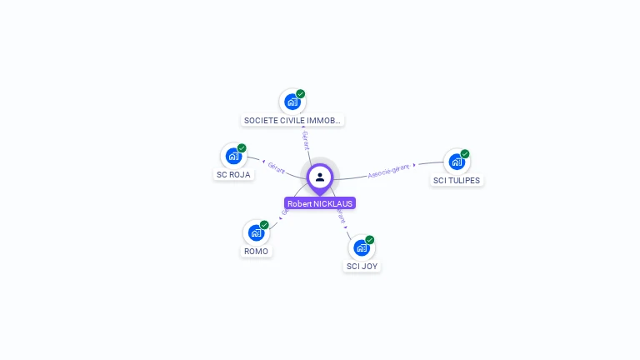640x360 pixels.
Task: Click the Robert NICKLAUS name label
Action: coord(320,203)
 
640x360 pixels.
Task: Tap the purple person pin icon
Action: coord(320,177)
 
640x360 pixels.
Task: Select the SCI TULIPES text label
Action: coord(457,180)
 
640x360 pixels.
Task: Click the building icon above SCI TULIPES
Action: coord(456,162)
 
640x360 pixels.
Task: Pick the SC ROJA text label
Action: coord(233,175)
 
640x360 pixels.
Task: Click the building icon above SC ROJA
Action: coord(233,156)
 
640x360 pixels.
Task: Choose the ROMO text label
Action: coord(257,251)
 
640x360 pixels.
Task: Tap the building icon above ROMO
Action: coord(256,232)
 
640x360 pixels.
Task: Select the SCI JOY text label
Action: coord(362,267)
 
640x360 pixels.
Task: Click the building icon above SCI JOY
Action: coord(362,247)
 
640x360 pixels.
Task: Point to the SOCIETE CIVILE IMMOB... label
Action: coord(292,120)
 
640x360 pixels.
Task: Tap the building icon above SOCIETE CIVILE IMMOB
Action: coord(292,102)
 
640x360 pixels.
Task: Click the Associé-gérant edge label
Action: coord(388,171)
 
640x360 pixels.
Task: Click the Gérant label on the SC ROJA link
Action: coord(277,167)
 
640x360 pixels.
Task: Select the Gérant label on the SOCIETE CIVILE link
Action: coord(306,140)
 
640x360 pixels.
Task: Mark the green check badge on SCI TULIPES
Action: coord(465,154)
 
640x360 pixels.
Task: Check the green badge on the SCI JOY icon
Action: coord(370,240)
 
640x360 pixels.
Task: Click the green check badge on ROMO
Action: coord(264,225)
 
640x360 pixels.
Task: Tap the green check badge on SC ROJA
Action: coord(242,148)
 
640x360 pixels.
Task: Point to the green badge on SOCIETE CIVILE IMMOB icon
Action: coord(301,94)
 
